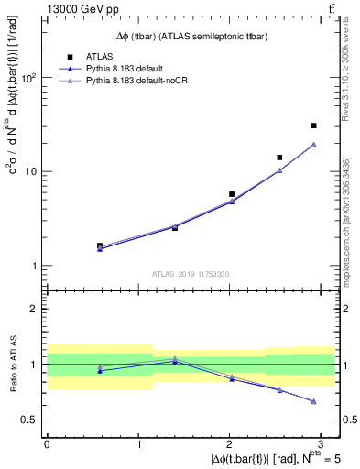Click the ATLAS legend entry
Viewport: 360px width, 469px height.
point(99,57)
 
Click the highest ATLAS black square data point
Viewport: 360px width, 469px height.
point(313,125)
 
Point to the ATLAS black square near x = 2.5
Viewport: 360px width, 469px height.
point(279,158)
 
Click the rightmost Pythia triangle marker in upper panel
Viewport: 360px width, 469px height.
point(313,145)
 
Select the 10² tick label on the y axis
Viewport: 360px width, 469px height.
point(28,78)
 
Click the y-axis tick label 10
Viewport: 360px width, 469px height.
point(31,172)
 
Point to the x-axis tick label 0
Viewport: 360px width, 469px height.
point(47,443)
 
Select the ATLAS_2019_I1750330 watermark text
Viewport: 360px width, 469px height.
point(183,274)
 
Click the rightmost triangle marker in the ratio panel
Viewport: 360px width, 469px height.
point(313,401)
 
